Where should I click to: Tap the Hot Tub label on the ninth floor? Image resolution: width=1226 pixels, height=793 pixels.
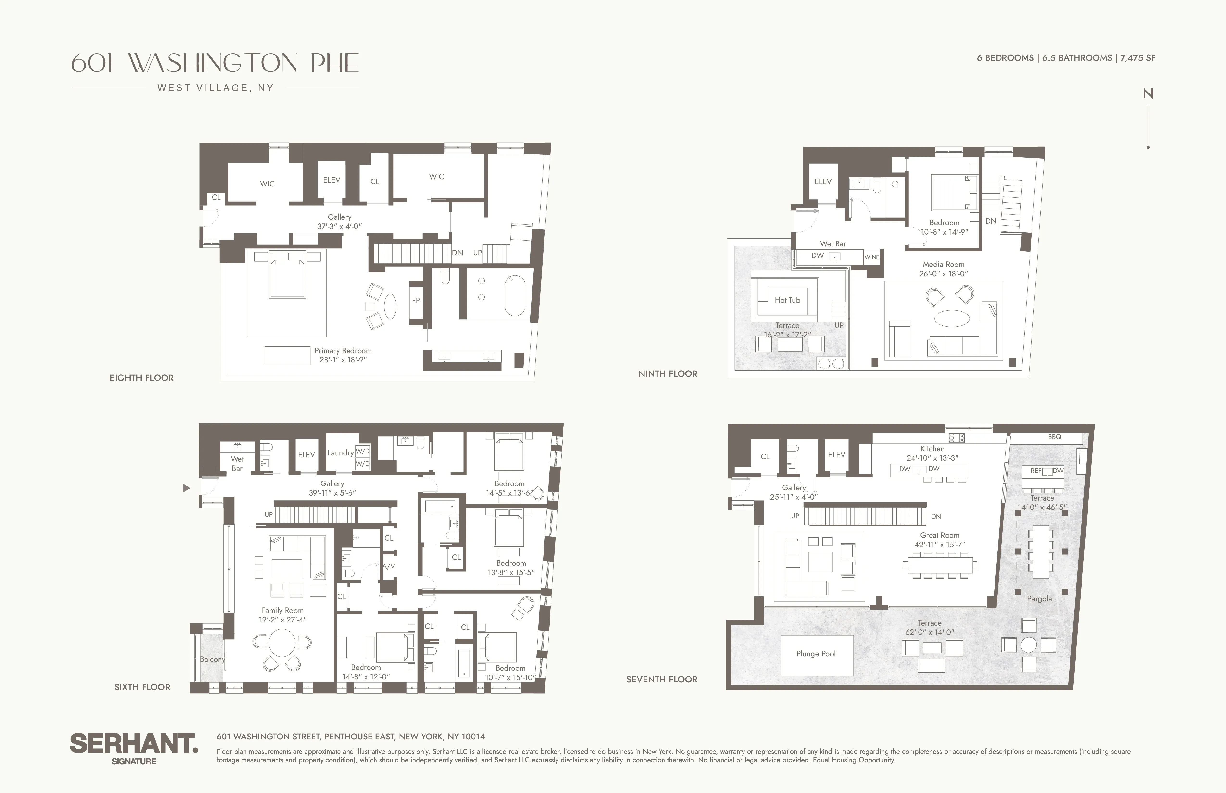787,300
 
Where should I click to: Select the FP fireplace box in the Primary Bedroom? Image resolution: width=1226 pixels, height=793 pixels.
416,301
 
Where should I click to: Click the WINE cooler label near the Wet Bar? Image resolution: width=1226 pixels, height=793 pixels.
872,257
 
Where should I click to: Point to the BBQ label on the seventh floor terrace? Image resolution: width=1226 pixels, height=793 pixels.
1054,437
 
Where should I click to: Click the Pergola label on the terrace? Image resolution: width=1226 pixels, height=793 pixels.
1039,599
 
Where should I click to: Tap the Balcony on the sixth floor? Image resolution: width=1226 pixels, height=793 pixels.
212,659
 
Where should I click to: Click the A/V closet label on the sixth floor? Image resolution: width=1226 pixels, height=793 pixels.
388,566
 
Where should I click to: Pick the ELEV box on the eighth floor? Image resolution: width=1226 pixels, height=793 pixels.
331,180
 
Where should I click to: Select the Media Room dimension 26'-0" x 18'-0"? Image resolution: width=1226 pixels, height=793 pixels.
943,274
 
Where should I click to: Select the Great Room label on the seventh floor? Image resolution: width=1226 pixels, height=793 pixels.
940,536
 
